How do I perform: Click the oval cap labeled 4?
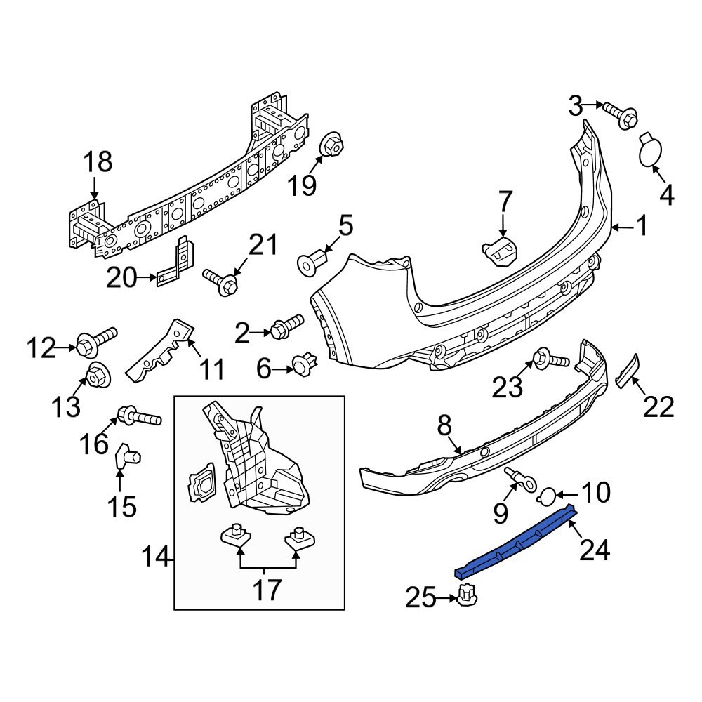pos(651,152)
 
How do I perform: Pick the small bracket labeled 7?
pos(498,250)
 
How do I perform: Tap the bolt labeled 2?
pos(286,326)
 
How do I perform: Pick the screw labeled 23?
pos(550,359)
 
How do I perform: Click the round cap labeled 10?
pos(546,497)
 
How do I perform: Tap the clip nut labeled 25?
pos(467,597)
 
